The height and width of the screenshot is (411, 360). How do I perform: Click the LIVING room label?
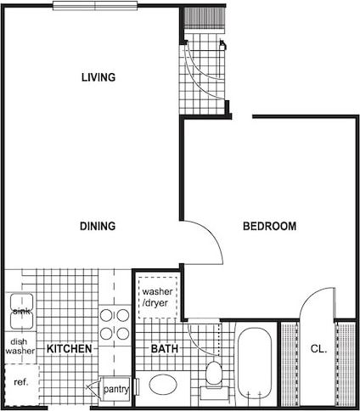pyautogui.click(x=98, y=77)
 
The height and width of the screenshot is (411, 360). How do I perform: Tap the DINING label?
pyautogui.click(x=98, y=226)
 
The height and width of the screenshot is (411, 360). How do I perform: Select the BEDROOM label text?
pyautogui.click(x=269, y=227)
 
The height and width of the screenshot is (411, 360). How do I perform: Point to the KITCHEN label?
pyautogui.click(x=69, y=349)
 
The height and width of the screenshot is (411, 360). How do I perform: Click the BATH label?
pyautogui.click(x=163, y=349)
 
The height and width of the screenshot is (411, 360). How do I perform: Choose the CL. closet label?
pyautogui.click(x=318, y=349)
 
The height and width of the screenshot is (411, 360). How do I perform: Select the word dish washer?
pyautogui.click(x=20, y=343)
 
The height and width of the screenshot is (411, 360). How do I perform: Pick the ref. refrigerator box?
pyautogui.click(x=20, y=382)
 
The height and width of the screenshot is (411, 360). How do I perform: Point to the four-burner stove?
pyautogui.click(x=115, y=324)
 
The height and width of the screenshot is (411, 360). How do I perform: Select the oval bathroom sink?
pyautogui.click(x=161, y=385)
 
